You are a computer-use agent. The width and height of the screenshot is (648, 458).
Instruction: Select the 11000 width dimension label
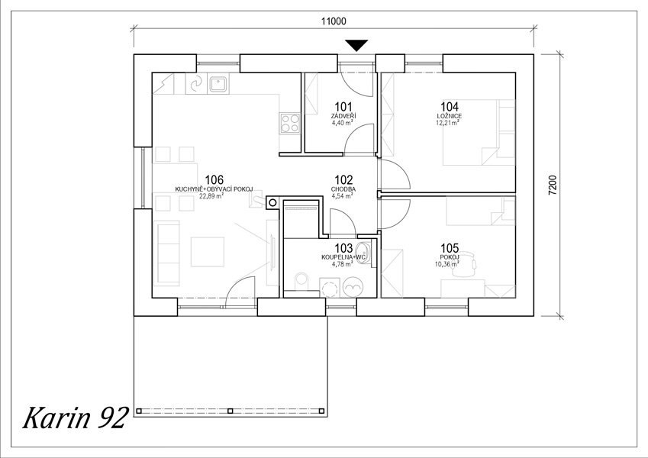tap(334, 21)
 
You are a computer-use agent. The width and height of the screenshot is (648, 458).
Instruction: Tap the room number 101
tap(343, 107)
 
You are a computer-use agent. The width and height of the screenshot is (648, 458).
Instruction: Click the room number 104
tap(450, 107)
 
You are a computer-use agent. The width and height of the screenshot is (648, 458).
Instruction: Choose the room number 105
tap(450, 248)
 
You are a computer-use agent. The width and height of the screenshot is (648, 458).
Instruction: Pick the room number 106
tap(214, 180)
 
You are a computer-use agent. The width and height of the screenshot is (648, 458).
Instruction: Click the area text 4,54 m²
tap(342, 196)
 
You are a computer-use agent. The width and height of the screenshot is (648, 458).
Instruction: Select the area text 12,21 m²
tap(450, 123)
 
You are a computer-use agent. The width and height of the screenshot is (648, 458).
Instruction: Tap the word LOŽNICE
tap(450, 116)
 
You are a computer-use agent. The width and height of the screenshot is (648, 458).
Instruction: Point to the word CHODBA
tap(343, 189)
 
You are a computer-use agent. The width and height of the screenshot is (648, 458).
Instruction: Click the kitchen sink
tap(218, 84)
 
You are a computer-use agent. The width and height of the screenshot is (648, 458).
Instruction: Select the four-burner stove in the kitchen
tap(290, 123)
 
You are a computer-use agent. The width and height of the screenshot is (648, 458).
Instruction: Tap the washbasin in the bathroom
tap(364, 252)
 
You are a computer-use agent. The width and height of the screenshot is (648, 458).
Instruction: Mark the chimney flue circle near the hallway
tap(272, 202)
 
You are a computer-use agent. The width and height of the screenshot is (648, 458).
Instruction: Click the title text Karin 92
tap(74, 418)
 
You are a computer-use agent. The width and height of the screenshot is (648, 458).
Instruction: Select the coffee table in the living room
tap(208, 252)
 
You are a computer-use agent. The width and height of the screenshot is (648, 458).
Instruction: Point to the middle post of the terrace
tap(231, 411)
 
